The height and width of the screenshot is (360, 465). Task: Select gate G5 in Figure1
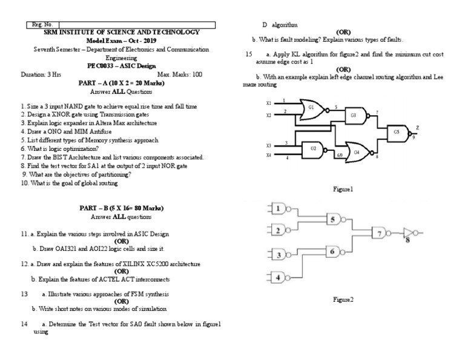pos(397,132)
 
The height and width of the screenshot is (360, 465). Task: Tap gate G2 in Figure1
pos(313,148)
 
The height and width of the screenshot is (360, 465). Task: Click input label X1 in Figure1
pos(268,103)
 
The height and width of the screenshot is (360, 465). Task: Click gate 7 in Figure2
pos(380,233)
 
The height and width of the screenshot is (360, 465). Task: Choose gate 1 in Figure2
pos(278,209)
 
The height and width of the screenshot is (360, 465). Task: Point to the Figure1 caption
pos(343,189)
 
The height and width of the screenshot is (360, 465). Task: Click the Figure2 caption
pos(343,299)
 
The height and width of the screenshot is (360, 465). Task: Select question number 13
pos(24,294)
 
